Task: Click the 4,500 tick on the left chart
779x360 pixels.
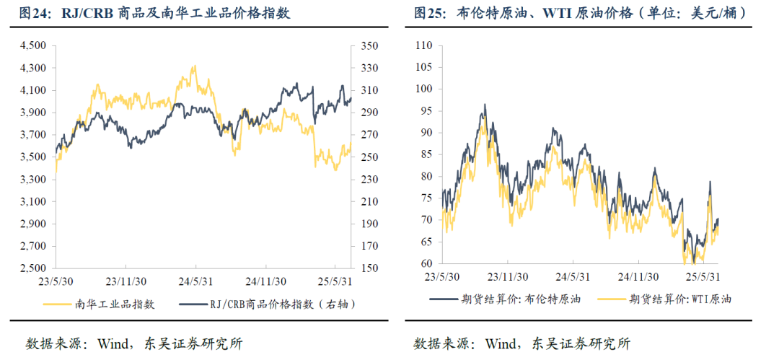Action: click(x=34, y=45)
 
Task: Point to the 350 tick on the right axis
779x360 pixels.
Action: click(x=368, y=45)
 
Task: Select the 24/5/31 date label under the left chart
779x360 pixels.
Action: click(x=195, y=282)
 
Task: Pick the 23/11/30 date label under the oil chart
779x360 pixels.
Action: click(x=503, y=276)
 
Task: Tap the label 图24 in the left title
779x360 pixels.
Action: click(x=34, y=14)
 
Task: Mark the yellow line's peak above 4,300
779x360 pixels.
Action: click(x=194, y=66)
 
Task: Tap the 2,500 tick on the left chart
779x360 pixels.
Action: click(x=34, y=268)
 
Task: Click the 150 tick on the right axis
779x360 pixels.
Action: click(x=368, y=268)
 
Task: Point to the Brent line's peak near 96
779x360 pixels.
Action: click(x=485, y=105)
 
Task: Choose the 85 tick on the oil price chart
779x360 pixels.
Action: click(x=425, y=154)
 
